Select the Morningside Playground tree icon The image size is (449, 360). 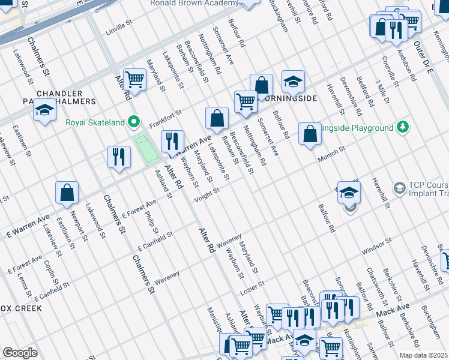point(403,127)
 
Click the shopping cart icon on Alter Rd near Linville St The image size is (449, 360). point(134,79)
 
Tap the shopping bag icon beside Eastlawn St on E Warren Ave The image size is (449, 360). point(67,193)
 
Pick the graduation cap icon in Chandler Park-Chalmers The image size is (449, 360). point(44,111)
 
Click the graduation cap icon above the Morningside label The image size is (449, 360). point(293,82)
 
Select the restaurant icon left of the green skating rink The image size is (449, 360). point(119,157)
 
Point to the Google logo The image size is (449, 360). point(20,352)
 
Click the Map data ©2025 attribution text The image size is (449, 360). point(423,355)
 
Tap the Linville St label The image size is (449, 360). point(118,27)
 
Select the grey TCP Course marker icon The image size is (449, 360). point(399,188)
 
